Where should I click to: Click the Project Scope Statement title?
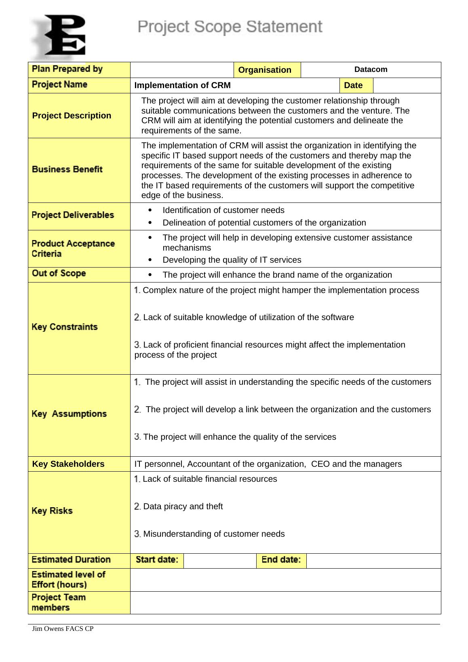pos(230,27)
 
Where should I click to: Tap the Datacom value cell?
pos(370,70)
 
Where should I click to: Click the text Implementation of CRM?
pos(182,85)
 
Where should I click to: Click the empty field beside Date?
pos(407,85)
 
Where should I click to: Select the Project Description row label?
pos(72,116)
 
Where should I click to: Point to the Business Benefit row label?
pos(67,169)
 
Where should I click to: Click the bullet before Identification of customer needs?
pos(150,210)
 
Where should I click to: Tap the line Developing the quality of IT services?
pos(232,260)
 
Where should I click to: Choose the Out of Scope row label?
pos(59,274)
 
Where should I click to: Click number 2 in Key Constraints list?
pos(137,317)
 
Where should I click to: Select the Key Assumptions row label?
pos(69,414)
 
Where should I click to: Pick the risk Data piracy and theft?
pos(183,506)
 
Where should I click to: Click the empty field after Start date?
pos(220,561)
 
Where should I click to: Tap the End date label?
pos(281,560)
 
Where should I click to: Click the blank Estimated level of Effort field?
pos(285,580)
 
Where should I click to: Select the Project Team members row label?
pos(59,602)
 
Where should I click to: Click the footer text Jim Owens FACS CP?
pos(63,629)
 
